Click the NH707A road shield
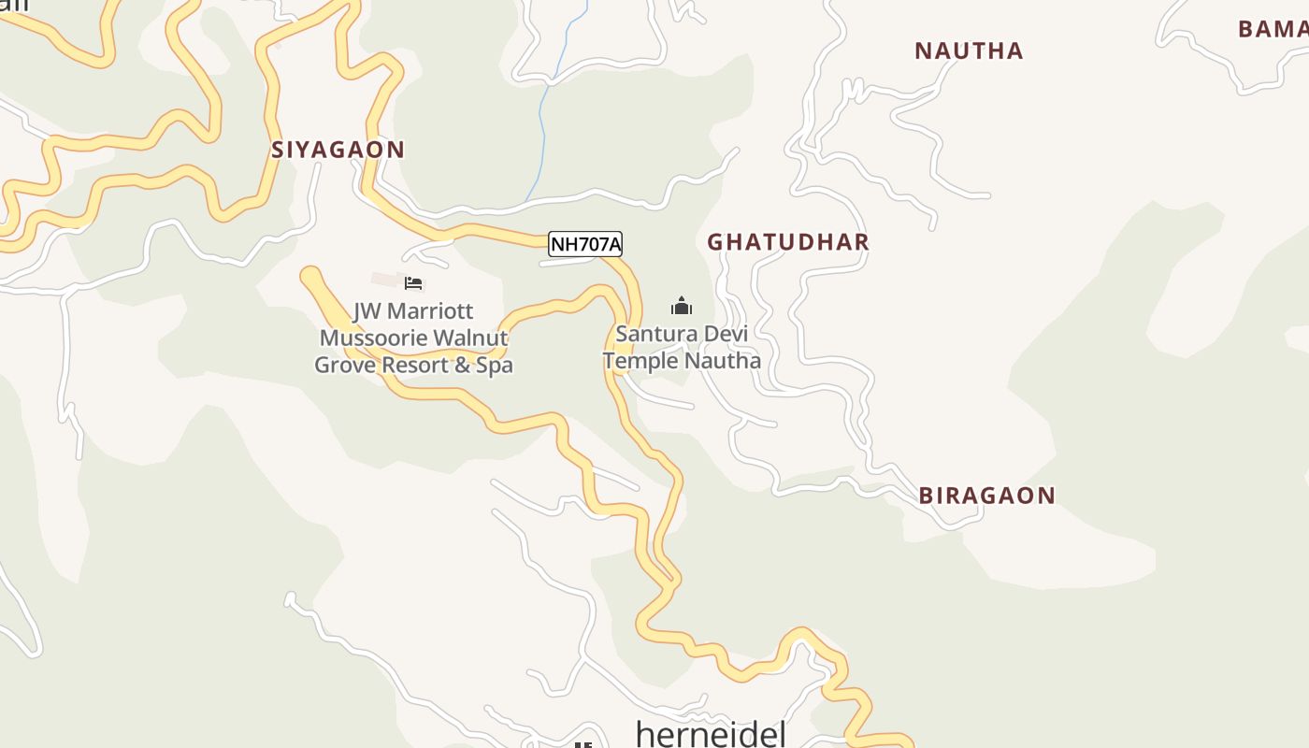[x=584, y=244]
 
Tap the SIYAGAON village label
[x=338, y=150]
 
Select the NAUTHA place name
[x=969, y=50]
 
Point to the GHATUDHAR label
[x=788, y=242]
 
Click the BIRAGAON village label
[x=986, y=496]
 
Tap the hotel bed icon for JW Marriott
[x=413, y=282]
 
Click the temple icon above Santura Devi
[x=682, y=306]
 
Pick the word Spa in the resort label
[x=495, y=365]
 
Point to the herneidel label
[x=711, y=734]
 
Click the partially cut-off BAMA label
[x=1273, y=29]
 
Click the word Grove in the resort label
[x=341, y=365]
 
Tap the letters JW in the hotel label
[x=366, y=311]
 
